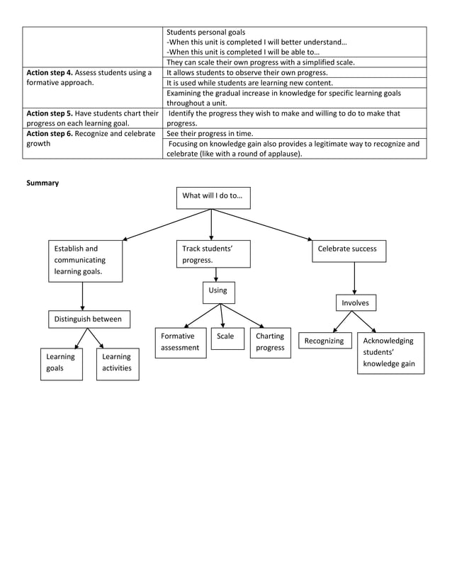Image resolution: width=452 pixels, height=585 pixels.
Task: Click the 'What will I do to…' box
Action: pyautogui.click(x=213, y=197)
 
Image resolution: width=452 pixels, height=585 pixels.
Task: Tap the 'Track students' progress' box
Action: pyautogui.click(x=213, y=254)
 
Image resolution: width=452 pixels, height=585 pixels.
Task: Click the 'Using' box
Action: pyautogui.click(x=218, y=292)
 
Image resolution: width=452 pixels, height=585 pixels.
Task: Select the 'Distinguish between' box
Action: pyautogui.click(x=89, y=319)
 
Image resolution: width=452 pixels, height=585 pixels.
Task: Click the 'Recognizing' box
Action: pyautogui.click(x=324, y=341)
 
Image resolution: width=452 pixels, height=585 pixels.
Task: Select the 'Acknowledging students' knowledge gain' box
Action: pyautogui.click(x=390, y=353)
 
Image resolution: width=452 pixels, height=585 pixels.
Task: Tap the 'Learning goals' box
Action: pyautogui.click(x=61, y=363)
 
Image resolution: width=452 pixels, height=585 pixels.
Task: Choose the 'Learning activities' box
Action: pyautogui.click(x=118, y=363)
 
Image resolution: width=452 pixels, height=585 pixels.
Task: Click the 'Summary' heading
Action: pyautogui.click(x=43, y=183)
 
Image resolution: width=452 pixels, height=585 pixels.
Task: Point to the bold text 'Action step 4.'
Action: pyautogui.click(x=50, y=73)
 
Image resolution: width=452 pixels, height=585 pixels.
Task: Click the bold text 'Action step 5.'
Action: pyautogui.click(x=50, y=113)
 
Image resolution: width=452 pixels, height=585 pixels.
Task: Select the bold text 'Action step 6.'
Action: pyautogui.click(x=50, y=134)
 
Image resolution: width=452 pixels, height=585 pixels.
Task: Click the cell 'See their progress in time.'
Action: pyautogui.click(x=210, y=134)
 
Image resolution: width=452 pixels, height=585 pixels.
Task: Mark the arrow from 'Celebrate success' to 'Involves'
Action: pyautogui.click(x=354, y=278)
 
